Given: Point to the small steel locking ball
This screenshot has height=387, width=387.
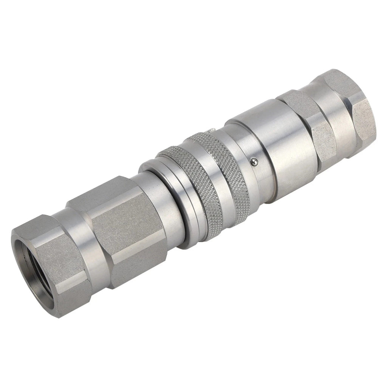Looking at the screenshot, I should [x=254, y=162].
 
